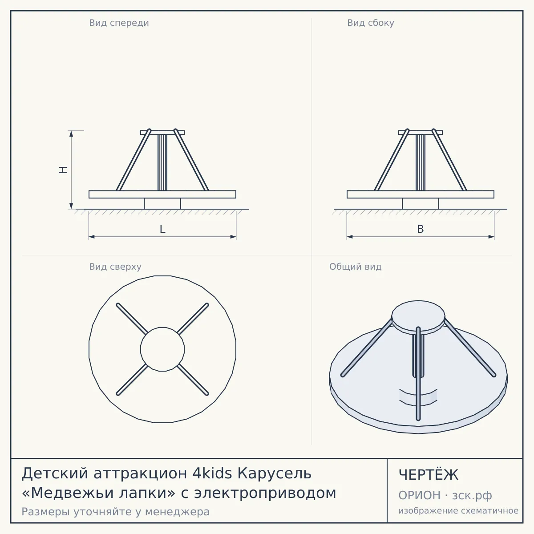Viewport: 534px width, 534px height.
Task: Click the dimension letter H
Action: [x=63, y=170]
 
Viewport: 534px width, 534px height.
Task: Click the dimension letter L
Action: [x=163, y=229]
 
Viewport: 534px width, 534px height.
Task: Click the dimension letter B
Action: [x=421, y=229]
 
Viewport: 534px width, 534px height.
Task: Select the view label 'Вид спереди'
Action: [x=119, y=23]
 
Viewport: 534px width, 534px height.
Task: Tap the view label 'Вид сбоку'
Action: [x=371, y=23]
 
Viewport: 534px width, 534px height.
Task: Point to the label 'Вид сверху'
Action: [x=115, y=267]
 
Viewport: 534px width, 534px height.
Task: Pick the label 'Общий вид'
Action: [x=355, y=267]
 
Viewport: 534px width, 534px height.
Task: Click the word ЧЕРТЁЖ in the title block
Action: [x=429, y=475]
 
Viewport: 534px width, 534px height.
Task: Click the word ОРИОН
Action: [x=419, y=495]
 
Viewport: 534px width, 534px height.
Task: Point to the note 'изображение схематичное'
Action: [x=458, y=511]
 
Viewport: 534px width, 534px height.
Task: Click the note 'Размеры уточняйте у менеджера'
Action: [x=116, y=512]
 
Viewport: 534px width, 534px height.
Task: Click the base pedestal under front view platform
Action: [x=162, y=203]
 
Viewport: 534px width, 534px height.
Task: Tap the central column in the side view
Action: [x=421, y=163]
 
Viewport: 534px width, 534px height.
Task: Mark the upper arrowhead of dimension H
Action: [x=71, y=133]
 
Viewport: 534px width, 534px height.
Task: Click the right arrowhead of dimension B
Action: [x=491, y=237]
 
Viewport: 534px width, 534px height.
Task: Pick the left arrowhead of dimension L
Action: [x=92, y=237]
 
